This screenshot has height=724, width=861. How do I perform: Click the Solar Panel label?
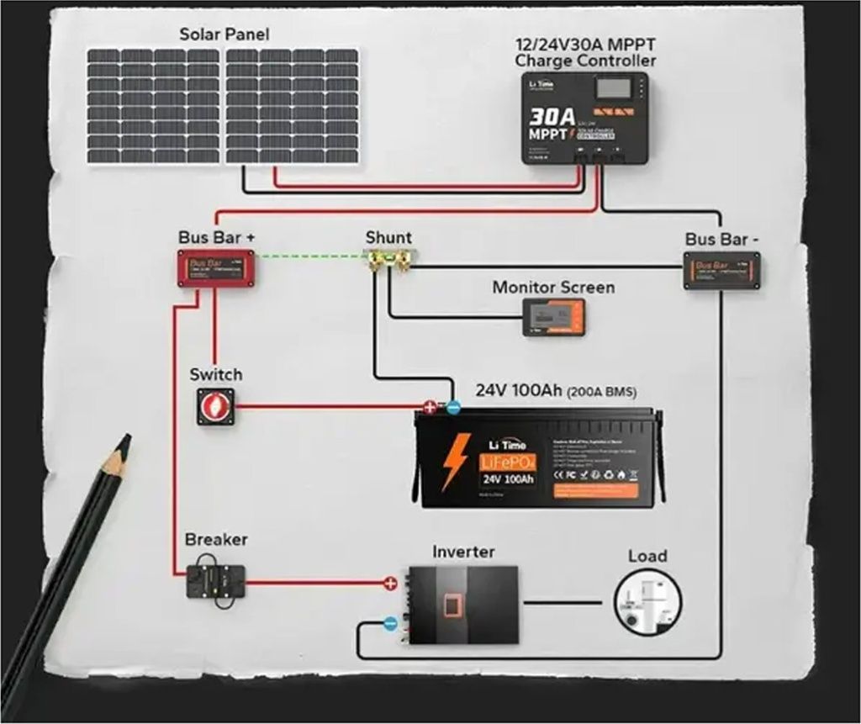click(x=224, y=34)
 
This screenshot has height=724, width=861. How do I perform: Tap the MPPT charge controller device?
click(x=584, y=118)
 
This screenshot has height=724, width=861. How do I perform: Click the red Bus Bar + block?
click(x=215, y=268)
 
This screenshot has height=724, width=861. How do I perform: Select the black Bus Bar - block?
click(x=722, y=270)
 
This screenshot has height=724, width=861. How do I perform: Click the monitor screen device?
click(x=553, y=316)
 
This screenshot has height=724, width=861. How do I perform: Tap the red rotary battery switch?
click(x=215, y=406)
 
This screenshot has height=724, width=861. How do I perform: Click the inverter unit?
click(x=463, y=605)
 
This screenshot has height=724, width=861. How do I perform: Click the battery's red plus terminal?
click(x=430, y=408)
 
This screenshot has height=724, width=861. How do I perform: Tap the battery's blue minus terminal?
click(x=452, y=408)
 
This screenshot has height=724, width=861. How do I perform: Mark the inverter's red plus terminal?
click(x=390, y=582)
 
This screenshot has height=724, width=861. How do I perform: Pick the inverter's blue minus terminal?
click(x=390, y=624)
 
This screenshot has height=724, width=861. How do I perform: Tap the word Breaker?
click(x=216, y=539)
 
